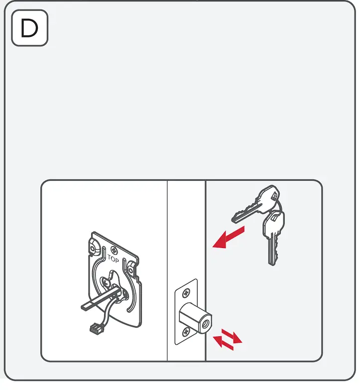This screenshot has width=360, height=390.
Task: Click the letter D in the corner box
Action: pos(29,29)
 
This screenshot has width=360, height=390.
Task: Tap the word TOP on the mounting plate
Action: pos(113,258)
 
